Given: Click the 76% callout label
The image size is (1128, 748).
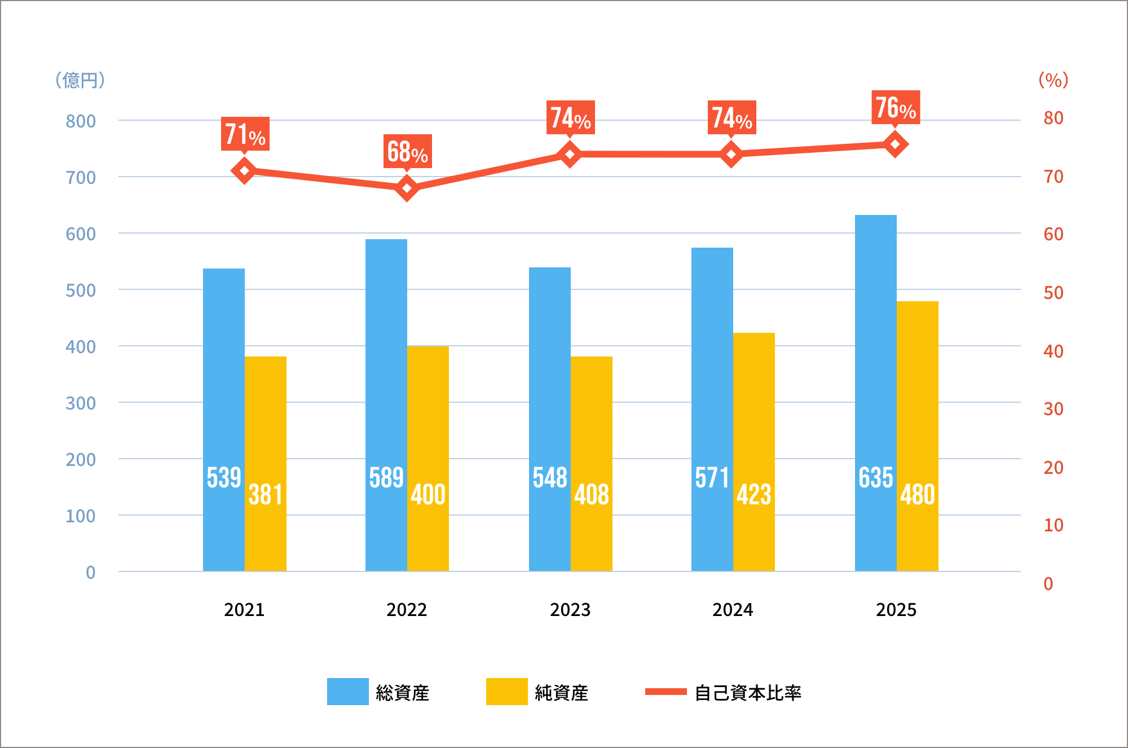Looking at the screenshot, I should (x=896, y=107).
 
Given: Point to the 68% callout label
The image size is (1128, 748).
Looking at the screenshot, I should (x=407, y=151).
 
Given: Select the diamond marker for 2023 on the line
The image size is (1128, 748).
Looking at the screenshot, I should (x=570, y=154).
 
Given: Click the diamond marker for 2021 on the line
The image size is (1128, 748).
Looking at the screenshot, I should (x=244, y=170).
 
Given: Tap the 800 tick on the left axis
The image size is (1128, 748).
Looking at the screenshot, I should (x=81, y=121).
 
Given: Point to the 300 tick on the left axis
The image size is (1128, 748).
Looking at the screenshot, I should (x=81, y=403).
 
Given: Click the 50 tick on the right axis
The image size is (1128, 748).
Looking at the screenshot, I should (x=1053, y=293).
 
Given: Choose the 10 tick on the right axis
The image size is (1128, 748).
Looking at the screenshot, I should (x=1053, y=525).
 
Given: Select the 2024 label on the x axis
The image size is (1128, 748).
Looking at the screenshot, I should (x=733, y=610).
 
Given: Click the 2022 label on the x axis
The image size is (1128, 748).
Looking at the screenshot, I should (x=407, y=610).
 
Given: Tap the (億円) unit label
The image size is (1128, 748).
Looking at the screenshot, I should (x=80, y=80).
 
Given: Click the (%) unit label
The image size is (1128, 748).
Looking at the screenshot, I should (x=1053, y=80).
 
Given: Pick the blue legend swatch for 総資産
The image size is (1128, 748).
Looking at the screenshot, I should (x=347, y=692).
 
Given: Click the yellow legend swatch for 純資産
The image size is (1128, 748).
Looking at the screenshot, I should (x=506, y=692).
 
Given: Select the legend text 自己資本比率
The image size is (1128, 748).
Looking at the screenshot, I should (x=747, y=693).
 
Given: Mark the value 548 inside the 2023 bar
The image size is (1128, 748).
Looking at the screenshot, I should (x=550, y=478).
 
